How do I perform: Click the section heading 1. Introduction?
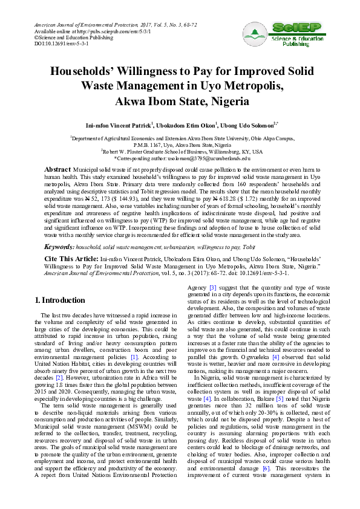(x=60, y=300)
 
